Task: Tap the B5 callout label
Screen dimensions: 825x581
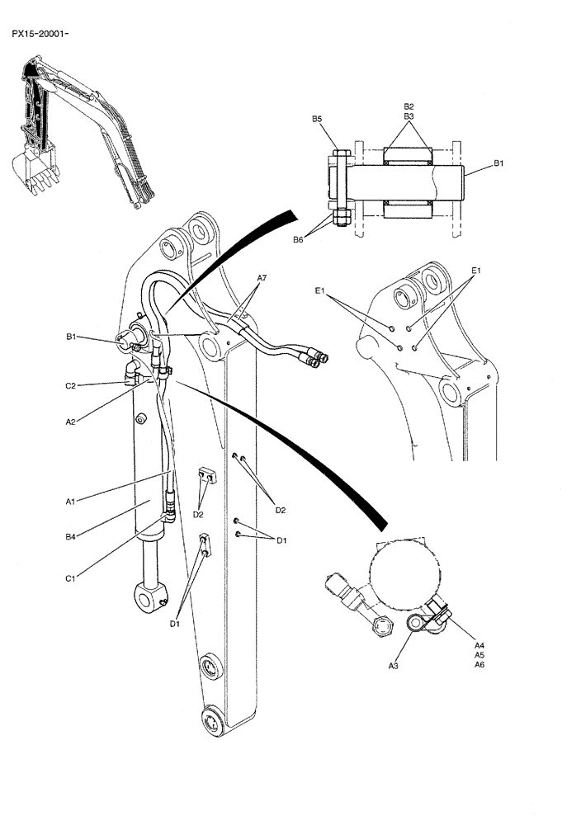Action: [317, 120]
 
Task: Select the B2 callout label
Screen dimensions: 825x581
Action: [409, 107]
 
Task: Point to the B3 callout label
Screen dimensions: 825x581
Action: [409, 117]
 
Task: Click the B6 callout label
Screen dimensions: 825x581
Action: [298, 240]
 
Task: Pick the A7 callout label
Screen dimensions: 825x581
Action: [261, 279]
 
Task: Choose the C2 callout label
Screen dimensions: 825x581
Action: [71, 385]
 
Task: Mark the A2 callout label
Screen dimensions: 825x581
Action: [71, 422]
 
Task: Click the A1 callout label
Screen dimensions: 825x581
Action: [71, 501]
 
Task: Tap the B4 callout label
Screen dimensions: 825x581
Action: [71, 537]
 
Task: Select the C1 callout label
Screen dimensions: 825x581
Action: [71, 578]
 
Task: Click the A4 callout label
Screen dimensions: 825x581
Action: [479, 645]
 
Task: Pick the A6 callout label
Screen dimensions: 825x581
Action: [479, 665]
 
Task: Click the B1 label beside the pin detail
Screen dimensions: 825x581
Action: [498, 165]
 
